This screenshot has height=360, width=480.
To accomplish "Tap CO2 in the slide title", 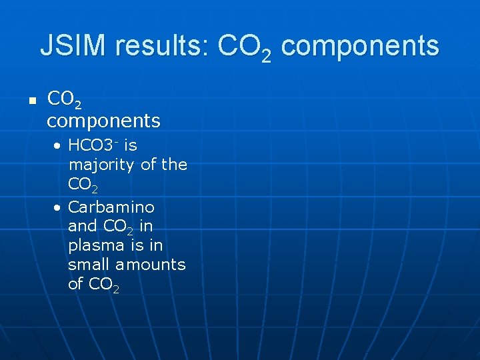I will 244,47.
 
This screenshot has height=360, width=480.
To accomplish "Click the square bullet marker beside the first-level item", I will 31,101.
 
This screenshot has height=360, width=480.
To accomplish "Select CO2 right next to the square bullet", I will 65,100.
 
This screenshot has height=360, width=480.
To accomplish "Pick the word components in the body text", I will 103,121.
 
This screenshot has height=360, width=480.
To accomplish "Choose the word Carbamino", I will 111,207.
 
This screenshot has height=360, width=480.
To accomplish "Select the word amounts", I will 150,264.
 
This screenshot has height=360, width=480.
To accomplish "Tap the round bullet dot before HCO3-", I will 59,146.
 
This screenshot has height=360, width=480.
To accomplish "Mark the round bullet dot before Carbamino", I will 59,207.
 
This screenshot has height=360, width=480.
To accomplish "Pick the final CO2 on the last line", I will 104,285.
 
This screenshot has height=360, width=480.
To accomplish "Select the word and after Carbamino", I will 83,226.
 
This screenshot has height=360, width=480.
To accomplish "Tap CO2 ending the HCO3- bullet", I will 83,184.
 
